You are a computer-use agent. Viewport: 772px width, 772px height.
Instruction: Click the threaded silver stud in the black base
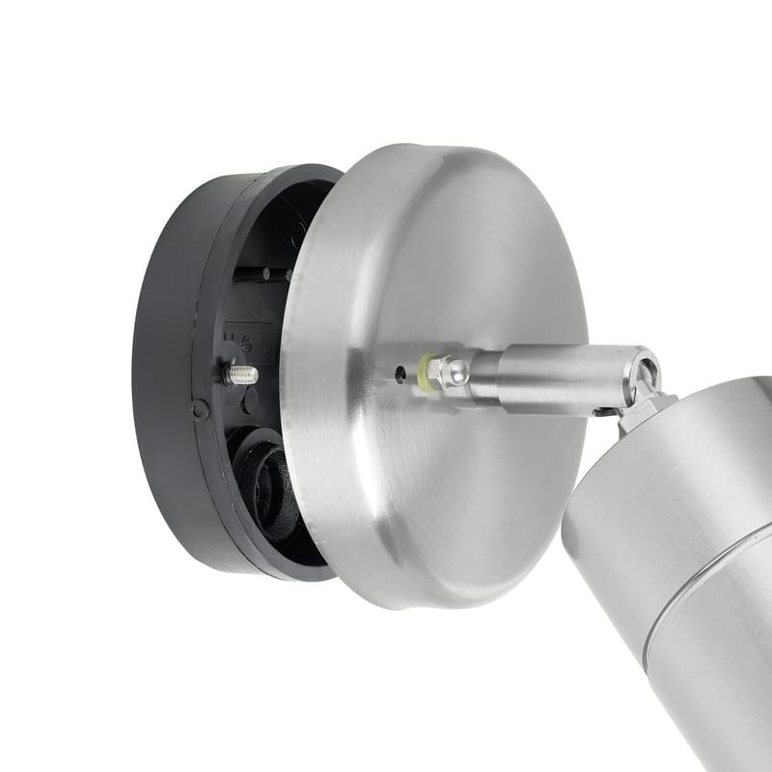[x=241, y=374]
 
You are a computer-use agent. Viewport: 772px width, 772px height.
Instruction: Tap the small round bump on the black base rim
[x=200, y=409]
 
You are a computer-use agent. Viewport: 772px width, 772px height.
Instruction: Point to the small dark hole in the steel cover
[x=399, y=372]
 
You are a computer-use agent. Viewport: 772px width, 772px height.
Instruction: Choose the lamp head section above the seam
[x=656, y=502]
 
